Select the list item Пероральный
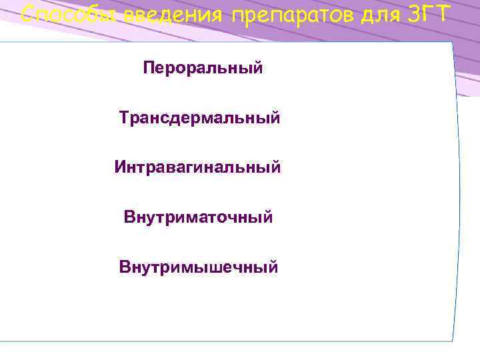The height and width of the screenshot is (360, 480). pos(203,68)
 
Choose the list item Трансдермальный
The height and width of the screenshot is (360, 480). pos(199,118)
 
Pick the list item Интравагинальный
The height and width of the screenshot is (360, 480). pos(197,167)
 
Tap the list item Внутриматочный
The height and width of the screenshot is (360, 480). pos(198,217)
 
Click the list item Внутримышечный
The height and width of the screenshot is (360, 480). pos(198,267)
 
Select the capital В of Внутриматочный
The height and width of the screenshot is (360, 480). pos(129,217)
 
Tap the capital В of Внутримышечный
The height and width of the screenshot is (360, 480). pos(125,267)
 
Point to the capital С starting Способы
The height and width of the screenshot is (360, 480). pos(28,13)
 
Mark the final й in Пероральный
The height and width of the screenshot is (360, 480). pos(257,68)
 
